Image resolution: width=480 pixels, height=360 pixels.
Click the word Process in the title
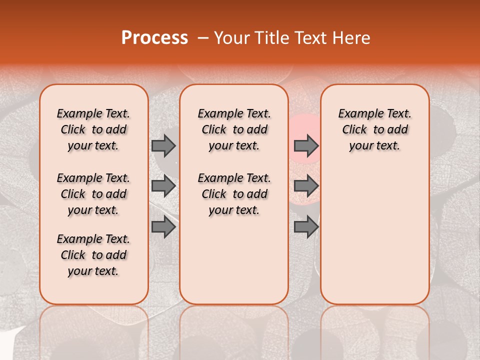(x=154, y=38)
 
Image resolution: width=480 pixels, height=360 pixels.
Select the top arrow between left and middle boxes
(x=163, y=145)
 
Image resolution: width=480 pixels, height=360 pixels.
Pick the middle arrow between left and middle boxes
(x=163, y=186)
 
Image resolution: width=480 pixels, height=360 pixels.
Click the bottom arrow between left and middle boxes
(x=163, y=227)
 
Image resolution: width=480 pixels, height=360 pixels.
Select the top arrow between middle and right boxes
(x=306, y=145)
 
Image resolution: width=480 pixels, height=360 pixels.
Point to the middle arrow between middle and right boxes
(x=306, y=186)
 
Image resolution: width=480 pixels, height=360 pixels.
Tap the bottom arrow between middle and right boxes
(x=306, y=227)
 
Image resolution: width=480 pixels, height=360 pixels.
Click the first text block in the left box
(x=93, y=129)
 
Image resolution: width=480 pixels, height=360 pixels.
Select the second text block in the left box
(x=93, y=194)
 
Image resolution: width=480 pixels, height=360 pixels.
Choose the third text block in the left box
(x=93, y=255)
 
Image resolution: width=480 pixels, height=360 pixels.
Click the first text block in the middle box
(x=234, y=129)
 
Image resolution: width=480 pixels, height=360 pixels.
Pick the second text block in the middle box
(x=234, y=194)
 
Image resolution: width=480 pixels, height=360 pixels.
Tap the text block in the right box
(x=375, y=129)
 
